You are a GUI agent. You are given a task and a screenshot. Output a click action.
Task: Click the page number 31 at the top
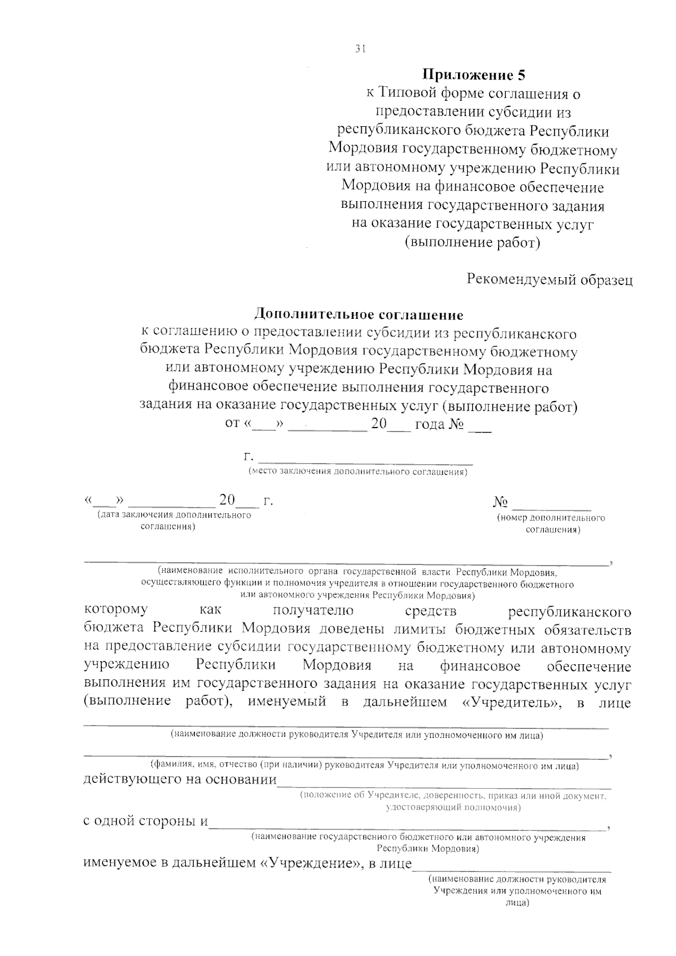click(361, 49)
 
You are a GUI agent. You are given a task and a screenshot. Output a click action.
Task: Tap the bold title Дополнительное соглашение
click(359, 314)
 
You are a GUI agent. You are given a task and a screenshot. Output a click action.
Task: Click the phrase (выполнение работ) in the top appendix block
click(473, 243)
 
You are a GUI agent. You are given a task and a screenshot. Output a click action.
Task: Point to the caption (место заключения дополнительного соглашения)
click(358, 472)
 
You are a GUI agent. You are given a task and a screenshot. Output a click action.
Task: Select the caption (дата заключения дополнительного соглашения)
click(174, 521)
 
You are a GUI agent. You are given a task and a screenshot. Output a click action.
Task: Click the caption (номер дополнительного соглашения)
click(551, 523)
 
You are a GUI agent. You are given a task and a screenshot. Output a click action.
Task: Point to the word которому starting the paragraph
click(116, 610)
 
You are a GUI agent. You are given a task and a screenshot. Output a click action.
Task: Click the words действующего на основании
click(180, 780)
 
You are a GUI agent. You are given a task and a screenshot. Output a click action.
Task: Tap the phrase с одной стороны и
click(145, 821)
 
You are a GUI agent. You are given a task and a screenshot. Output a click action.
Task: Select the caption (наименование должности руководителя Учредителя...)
click(357, 735)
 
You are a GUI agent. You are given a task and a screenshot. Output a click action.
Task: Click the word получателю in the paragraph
click(313, 610)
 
